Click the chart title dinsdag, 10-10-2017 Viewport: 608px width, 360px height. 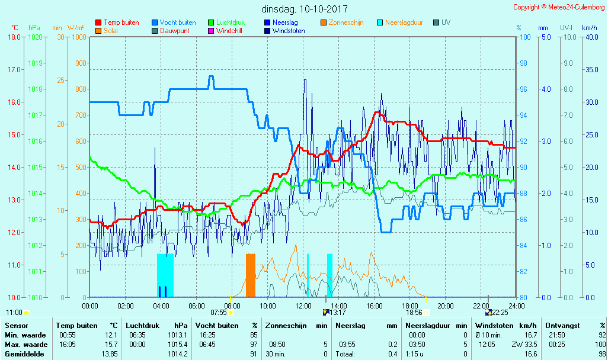tap(305, 9)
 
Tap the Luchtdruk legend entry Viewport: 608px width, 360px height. tap(231, 22)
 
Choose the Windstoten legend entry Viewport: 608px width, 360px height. tap(289, 31)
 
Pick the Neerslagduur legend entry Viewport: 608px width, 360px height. tap(404, 22)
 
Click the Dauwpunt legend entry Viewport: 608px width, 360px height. tap(174, 31)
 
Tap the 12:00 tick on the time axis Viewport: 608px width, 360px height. tap(303, 306)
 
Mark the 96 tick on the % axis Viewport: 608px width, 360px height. tap(523, 89)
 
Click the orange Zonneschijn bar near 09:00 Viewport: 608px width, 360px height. tap(251, 275)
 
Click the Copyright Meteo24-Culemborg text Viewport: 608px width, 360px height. tap(559, 7)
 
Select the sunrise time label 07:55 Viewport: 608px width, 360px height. tap(219, 312)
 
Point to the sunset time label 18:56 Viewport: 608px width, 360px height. tap(414, 312)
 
